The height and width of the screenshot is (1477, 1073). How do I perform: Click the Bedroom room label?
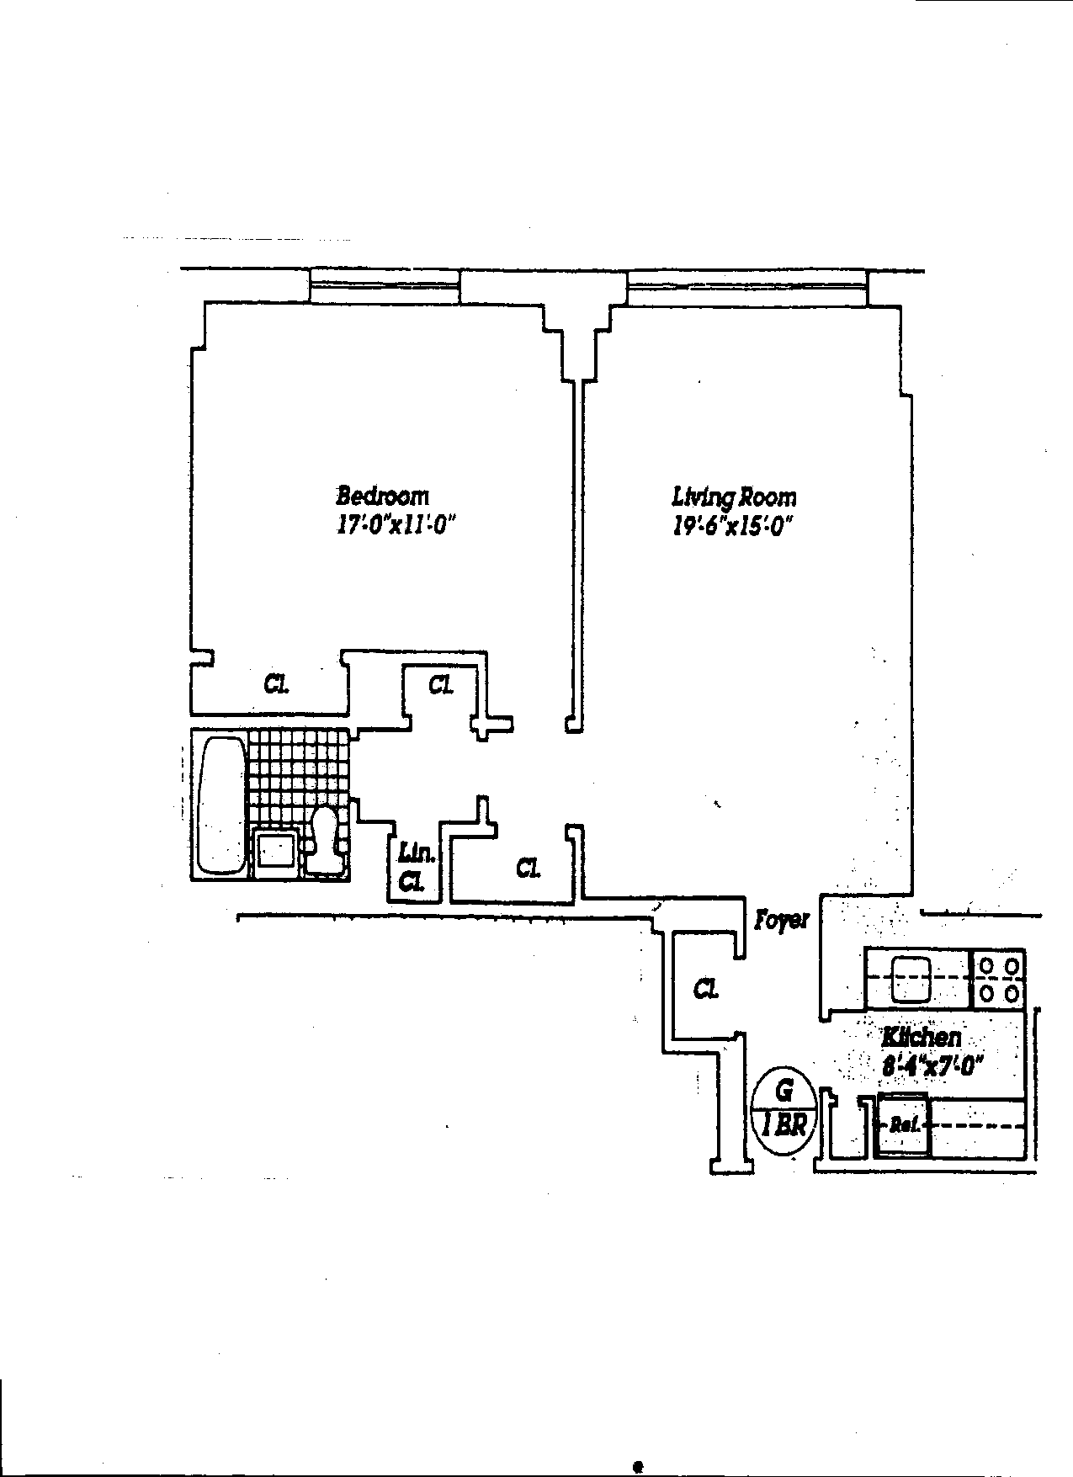click(x=383, y=496)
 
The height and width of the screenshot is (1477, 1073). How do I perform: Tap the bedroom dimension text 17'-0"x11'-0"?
click(x=395, y=526)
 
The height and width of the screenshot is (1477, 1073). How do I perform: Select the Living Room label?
click(x=733, y=497)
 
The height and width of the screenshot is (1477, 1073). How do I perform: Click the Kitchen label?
click(x=921, y=1037)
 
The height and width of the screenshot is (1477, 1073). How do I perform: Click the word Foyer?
click(x=781, y=919)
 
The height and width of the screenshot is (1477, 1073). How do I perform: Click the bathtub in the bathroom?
click(x=221, y=805)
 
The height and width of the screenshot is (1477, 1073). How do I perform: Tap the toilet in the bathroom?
click(x=325, y=837)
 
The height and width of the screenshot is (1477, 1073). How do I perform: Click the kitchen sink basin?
click(x=912, y=978)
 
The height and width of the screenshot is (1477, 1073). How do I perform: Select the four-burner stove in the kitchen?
click(x=999, y=979)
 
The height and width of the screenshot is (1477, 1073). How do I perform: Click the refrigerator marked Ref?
click(x=902, y=1125)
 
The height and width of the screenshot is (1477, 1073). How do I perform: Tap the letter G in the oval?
click(x=784, y=1092)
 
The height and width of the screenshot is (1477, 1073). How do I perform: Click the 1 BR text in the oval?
click(x=784, y=1125)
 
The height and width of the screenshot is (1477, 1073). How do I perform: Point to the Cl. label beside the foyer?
click(x=705, y=990)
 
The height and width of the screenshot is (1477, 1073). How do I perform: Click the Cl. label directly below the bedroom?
click(x=275, y=684)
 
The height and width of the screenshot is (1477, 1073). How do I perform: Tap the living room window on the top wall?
click(x=746, y=288)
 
